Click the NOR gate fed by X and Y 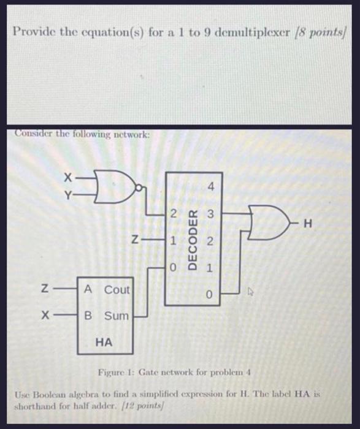point(117,184)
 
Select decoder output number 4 point(210,185)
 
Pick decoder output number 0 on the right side point(210,295)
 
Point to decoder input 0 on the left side point(174,268)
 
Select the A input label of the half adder point(89,289)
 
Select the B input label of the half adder point(89,316)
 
